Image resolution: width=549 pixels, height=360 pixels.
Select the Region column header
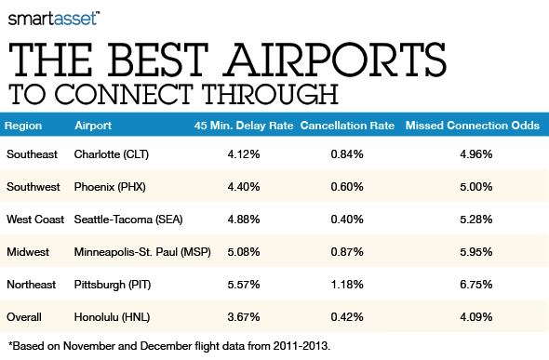[x=22, y=126]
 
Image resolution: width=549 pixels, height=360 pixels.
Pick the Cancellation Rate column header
[x=346, y=126]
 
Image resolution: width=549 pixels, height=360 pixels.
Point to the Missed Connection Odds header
[x=475, y=126]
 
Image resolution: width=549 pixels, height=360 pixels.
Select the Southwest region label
[x=33, y=185]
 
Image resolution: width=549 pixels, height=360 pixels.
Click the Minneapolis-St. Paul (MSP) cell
[x=141, y=251]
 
